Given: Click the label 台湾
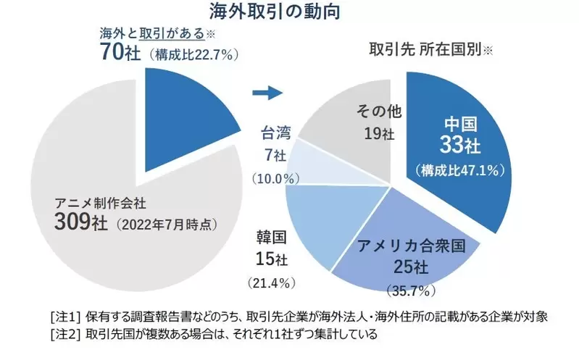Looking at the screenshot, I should [x=273, y=133].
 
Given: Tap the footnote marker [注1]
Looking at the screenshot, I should [x=66, y=316].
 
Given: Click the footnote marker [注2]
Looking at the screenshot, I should [x=66, y=335].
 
